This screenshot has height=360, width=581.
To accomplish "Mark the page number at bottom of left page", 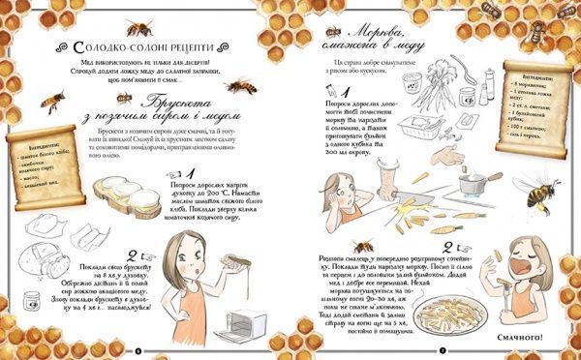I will [138, 349].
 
